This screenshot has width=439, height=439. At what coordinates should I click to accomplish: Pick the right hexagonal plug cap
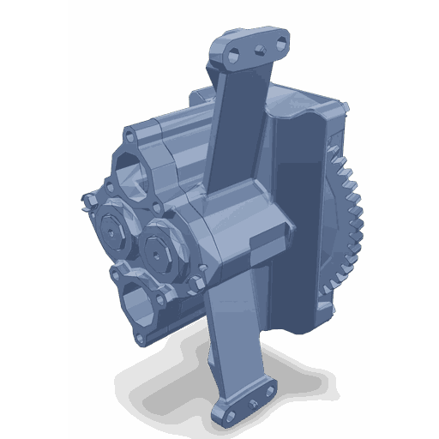pos(160,247)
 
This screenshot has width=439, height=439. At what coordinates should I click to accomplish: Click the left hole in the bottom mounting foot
pos(230,413)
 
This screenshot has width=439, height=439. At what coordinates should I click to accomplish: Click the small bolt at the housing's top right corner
pos(345,106)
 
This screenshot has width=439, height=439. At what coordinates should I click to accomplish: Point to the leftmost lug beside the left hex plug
pos(88,202)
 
